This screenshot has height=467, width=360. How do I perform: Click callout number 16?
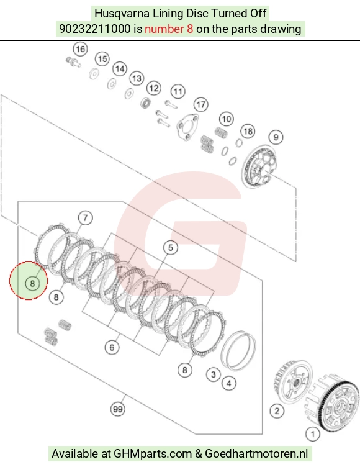pyautogui.click(x=81, y=49)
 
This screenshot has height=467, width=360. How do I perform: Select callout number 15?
pyautogui.click(x=102, y=58)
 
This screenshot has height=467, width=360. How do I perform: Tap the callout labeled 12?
pyautogui.click(x=154, y=88)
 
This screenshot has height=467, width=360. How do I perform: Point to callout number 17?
pyautogui.click(x=200, y=104)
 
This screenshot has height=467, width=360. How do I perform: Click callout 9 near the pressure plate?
pyautogui.click(x=276, y=137)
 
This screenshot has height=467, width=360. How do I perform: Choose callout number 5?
pyautogui.click(x=170, y=248)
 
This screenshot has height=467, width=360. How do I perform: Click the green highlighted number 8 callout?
pyautogui.click(x=32, y=283)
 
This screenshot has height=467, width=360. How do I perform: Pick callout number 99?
pyautogui.click(x=117, y=409)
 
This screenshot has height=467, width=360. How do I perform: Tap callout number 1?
pyautogui.click(x=313, y=434)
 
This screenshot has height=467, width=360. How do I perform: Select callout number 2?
pyautogui.click(x=277, y=411)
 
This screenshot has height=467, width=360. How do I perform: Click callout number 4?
pyautogui.click(x=228, y=383)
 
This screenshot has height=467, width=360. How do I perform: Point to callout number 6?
pyautogui.click(x=112, y=347)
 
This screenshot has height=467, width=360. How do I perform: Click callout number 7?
pyautogui.click(x=86, y=218)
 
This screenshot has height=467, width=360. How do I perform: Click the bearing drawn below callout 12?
pyautogui.click(x=146, y=102)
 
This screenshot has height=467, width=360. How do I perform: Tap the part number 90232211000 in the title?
pyautogui.click(x=95, y=29)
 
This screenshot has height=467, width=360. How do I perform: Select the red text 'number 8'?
pyautogui.click(x=169, y=29)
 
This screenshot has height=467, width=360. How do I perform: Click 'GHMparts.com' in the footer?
pyautogui.click(x=153, y=454)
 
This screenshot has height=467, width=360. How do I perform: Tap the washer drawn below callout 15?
pyautogui.click(x=94, y=73)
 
